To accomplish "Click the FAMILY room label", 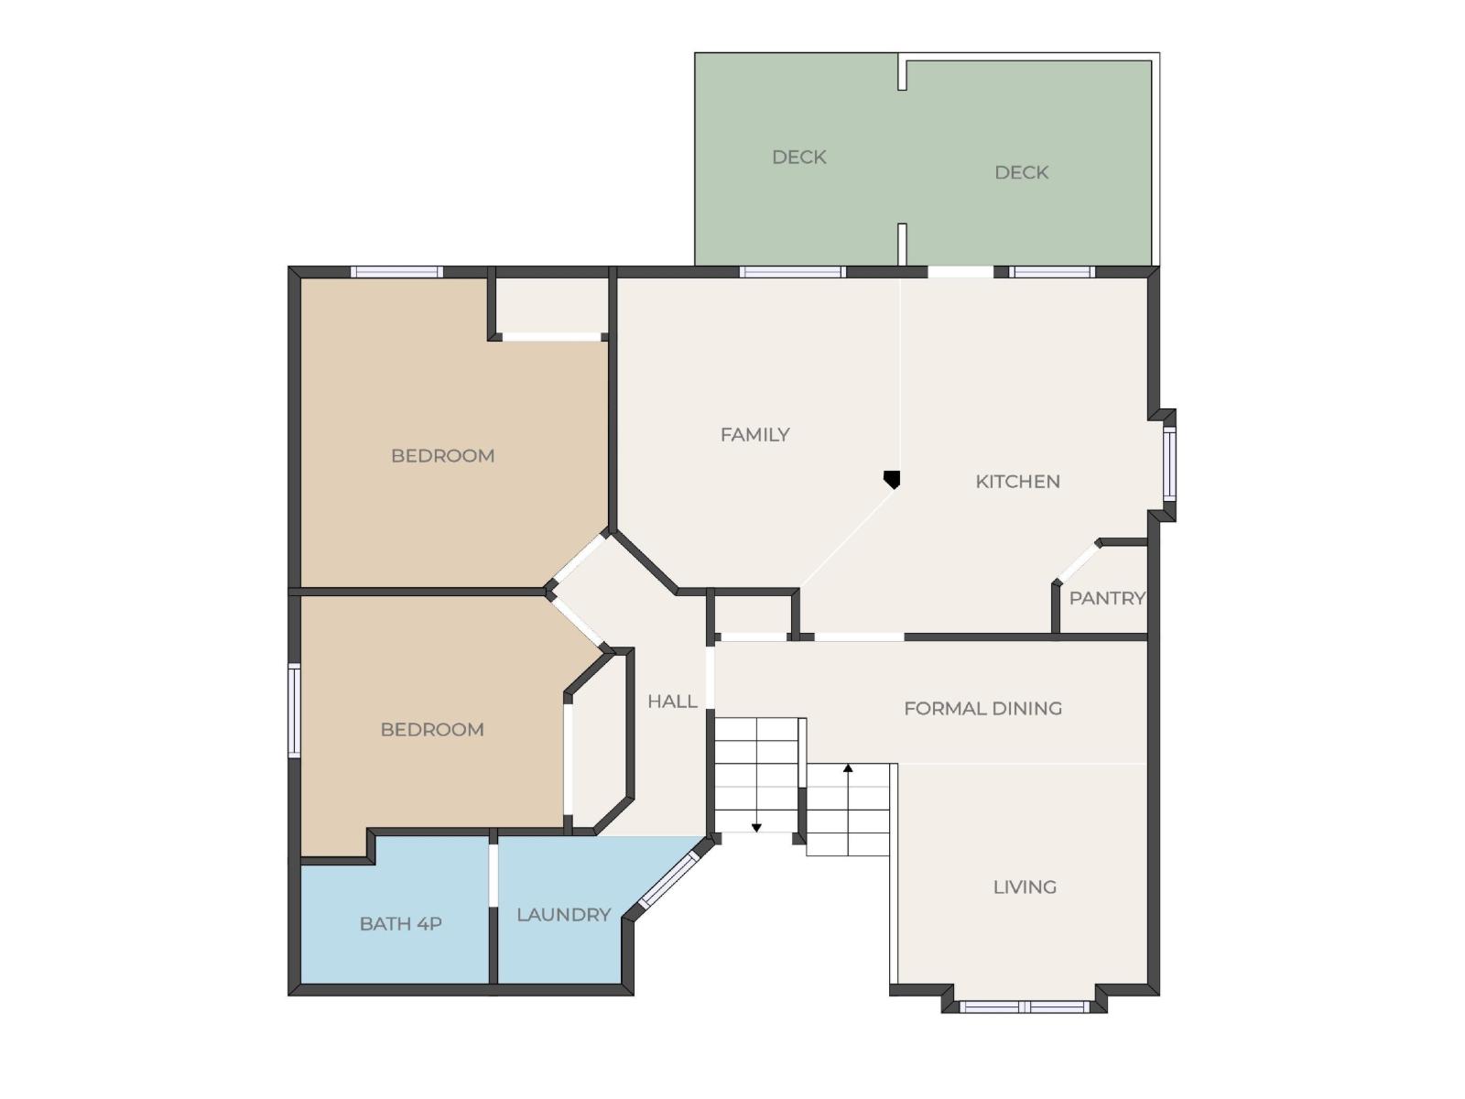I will tap(754, 435).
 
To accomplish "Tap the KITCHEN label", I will tap(1017, 482).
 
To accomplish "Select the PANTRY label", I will tap(1107, 598).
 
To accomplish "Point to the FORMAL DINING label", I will tap(982, 708).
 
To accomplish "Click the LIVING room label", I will tap(1025, 887).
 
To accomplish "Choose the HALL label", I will tap(672, 702).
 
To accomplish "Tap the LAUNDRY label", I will tap(563, 914).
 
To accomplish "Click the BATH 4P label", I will tap(400, 923).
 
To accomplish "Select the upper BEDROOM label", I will tap(442, 455).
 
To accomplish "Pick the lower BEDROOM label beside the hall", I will tap(432, 729).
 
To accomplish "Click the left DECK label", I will tap(798, 157).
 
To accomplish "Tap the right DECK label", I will tap(1021, 172).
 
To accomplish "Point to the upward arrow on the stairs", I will tap(848, 769).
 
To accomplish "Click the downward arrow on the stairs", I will tap(756, 827).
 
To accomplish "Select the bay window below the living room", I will tap(1024, 1007).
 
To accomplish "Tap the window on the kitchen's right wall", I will tap(1169, 464).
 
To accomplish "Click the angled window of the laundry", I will tap(668, 880).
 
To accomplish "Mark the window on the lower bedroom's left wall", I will tap(294, 710).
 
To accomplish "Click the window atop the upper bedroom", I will tap(396, 272).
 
